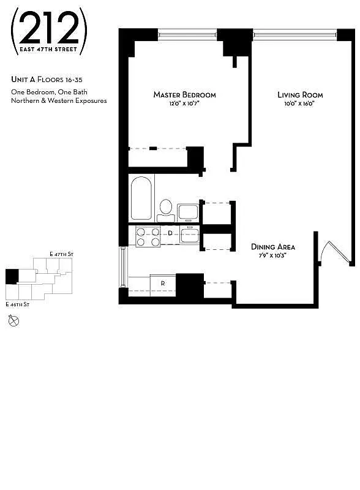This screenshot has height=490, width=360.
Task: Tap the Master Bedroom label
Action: (x=184, y=95)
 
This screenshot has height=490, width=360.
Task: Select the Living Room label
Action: (x=300, y=95)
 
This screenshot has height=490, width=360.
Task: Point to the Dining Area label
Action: (x=273, y=247)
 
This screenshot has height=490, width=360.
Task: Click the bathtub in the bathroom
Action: (x=141, y=198)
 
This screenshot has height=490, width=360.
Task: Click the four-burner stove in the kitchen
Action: (x=148, y=236)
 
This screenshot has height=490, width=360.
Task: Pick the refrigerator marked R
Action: (x=163, y=284)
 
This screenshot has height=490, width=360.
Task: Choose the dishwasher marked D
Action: (x=171, y=233)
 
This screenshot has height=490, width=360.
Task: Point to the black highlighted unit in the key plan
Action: (x=12, y=276)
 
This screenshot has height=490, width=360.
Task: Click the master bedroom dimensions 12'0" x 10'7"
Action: (x=184, y=104)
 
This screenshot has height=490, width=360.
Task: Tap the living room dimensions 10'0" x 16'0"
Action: (x=300, y=104)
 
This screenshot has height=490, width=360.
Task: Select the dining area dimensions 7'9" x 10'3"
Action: (x=273, y=255)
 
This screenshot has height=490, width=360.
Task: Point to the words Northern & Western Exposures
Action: (x=59, y=100)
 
